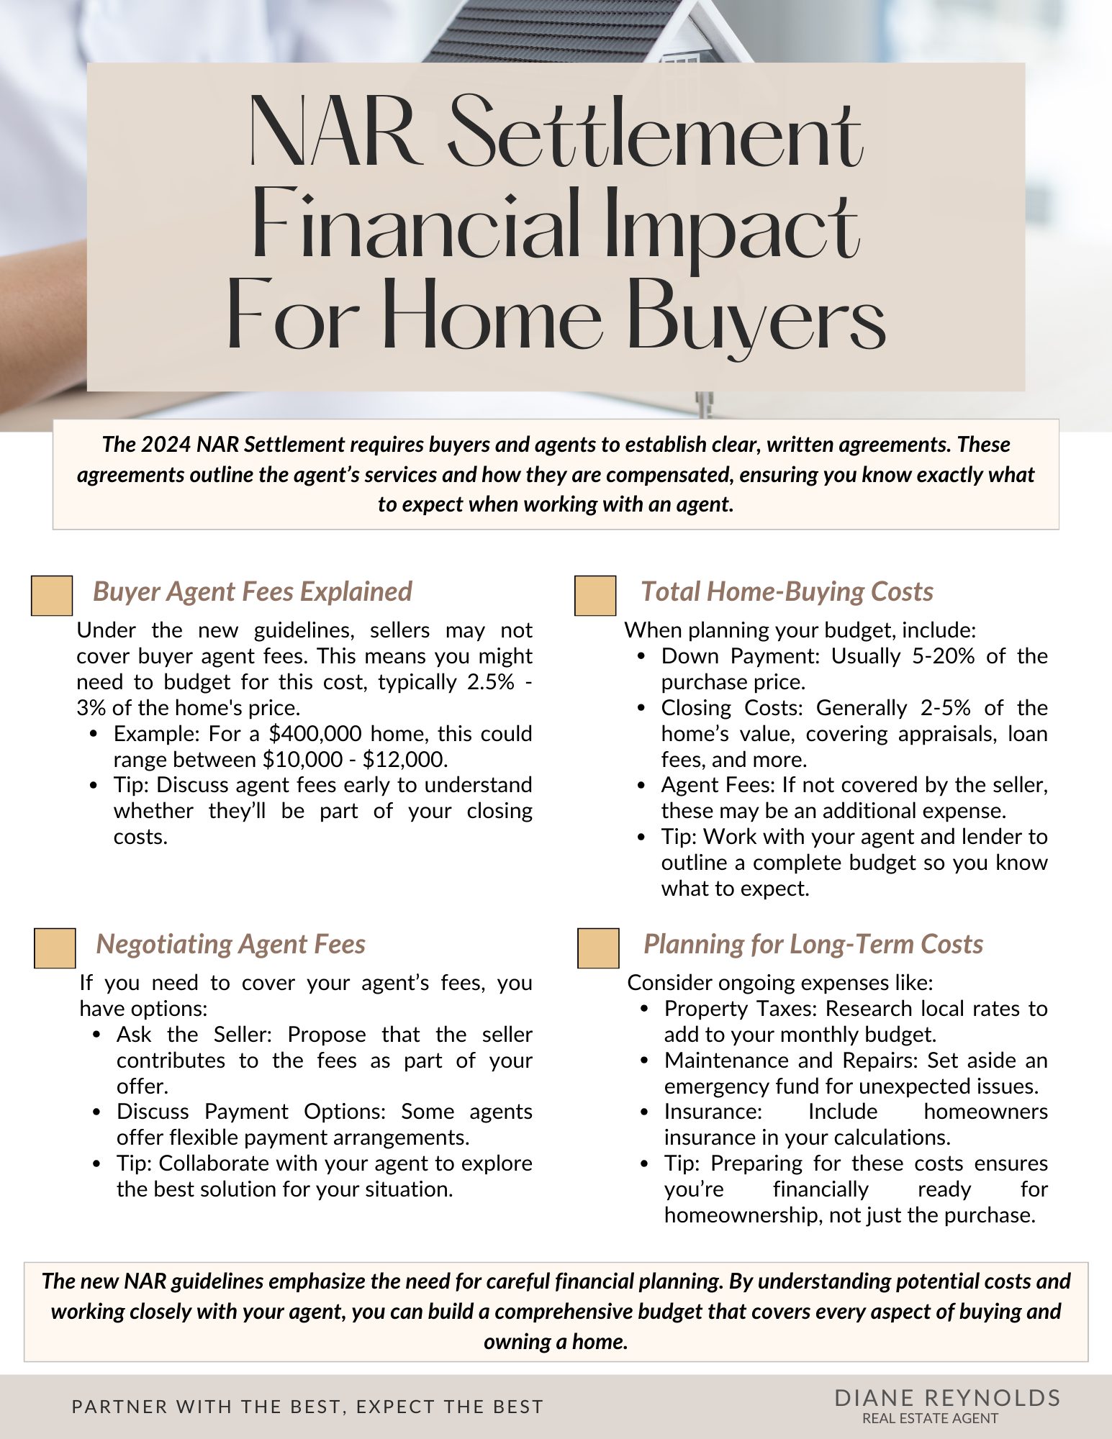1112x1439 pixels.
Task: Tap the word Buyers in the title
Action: click(x=756, y=317)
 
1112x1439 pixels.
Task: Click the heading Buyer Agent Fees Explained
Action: click(x=252, y=591)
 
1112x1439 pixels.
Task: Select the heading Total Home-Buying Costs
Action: click(x=787, y=591)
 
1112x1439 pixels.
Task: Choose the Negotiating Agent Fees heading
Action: click(x=230, y=944)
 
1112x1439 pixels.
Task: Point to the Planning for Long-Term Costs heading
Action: click(x=813, y=944)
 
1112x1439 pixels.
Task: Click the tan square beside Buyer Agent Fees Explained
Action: click(x=52, y=596)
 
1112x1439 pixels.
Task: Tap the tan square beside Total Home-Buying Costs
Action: click(x=595, y=596)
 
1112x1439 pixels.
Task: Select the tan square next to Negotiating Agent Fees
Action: click(x=55, y=948)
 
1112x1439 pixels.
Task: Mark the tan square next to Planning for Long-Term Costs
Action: click(x=598, y=948)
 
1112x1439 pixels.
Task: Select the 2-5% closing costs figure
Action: click(x=945, y=708)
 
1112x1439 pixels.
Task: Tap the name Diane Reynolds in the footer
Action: click(x=947, y=1398)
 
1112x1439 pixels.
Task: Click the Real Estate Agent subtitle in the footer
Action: click(x=930, y=1418)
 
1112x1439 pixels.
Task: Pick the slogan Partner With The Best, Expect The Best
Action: click(x=307, y=1407)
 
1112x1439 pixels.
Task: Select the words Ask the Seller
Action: click(x=193, y=1035)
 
